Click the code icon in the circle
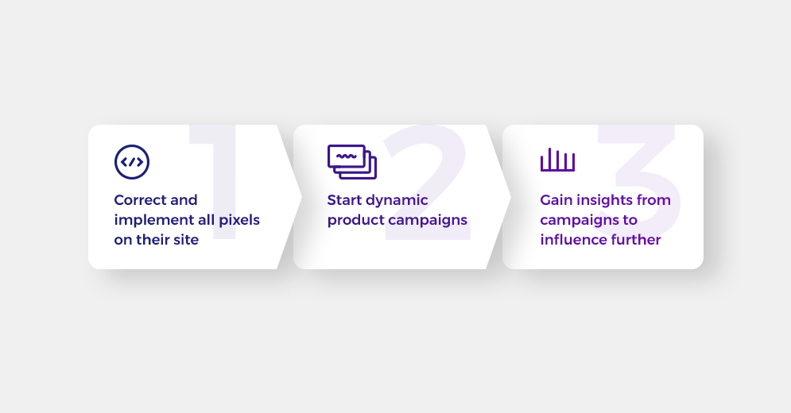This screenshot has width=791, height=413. (x=132, y=162)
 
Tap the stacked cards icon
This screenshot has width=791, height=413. (x=352, y=162)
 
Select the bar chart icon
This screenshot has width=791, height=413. (x=557, y=160)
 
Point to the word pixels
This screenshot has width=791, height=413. (x=239, y=220)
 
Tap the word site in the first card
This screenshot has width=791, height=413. (x=186, y=240)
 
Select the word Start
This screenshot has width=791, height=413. (x=345, y=200)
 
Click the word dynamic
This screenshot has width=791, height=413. (x=397, y=201)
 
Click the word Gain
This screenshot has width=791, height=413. (x=556, y=200)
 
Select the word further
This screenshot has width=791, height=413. (x=633, y=240)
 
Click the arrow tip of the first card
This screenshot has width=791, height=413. (x=301, y=197)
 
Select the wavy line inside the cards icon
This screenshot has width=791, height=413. (x=346, y=156)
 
